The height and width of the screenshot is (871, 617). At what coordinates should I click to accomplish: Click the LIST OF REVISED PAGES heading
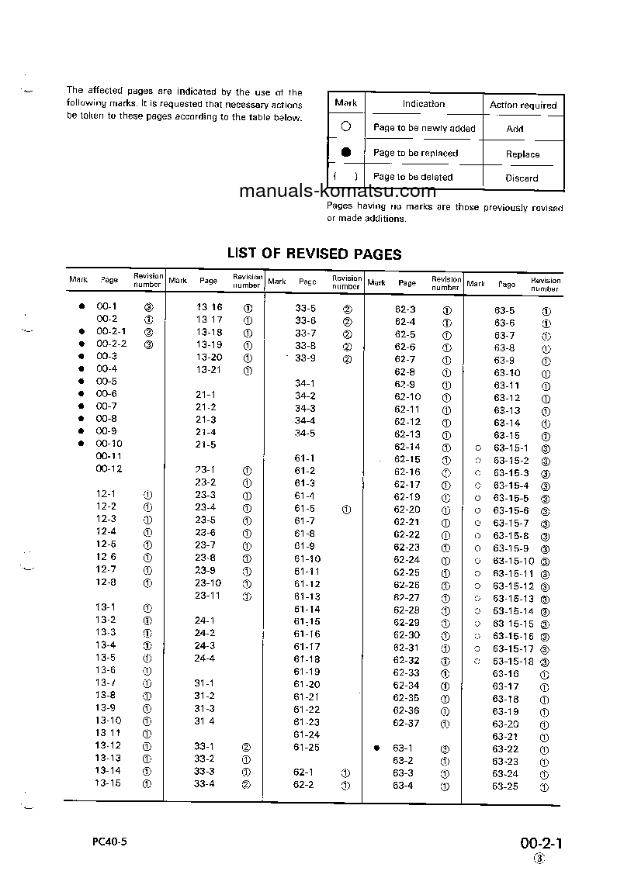(x=314, y=254)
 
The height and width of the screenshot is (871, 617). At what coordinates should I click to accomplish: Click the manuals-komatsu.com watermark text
(x=338, y=192)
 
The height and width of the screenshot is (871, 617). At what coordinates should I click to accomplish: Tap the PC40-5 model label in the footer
(x=106, y=842)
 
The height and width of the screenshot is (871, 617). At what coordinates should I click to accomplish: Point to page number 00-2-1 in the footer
(x=540, y=843)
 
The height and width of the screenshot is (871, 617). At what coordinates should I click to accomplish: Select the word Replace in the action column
(x=522, y=154)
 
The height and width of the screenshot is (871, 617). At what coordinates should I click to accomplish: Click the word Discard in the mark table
(x=522, y=178)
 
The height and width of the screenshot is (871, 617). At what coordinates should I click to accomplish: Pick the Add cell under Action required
(x=515, y=130)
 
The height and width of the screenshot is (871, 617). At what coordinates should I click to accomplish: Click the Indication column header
(x=423, y=104)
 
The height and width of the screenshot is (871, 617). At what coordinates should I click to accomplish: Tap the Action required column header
(x=523, y=105)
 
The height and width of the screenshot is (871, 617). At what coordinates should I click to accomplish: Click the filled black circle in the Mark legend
(x=346, y=152)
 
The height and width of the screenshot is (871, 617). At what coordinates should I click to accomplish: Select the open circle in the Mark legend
(x=346, y=126)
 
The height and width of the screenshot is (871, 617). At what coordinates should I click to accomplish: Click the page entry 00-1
(x=106, y=306)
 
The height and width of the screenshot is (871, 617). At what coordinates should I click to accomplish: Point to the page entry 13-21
(x=208, y=370)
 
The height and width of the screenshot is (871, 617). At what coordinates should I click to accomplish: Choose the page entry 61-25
(x=307, y=748)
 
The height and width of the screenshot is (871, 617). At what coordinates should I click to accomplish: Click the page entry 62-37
(x=406, y=723)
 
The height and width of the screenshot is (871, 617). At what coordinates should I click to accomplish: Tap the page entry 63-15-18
(x=514, y=662)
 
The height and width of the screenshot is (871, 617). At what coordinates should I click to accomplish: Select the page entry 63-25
(x=504, y=786)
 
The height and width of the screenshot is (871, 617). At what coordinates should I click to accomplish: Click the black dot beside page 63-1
(x=376, y=748)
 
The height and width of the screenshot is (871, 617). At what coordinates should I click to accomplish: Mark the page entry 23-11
(x=207, y=596)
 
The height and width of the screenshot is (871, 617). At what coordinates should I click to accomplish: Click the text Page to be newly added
(x=424, y=128)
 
